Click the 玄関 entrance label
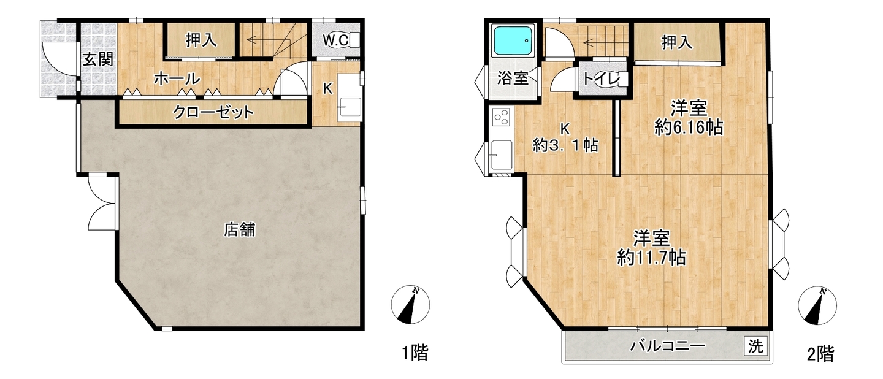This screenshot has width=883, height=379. point(98,59)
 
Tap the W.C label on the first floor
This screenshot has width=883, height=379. point(335,40)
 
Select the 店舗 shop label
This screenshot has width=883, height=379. point(240,229)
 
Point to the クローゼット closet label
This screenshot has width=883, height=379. point(213,112)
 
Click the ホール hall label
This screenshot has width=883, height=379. point(177,79)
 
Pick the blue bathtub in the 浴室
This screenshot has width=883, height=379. point(513,40)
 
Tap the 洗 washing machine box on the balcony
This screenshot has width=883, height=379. point(756,346)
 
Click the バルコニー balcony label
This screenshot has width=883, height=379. point(667,346)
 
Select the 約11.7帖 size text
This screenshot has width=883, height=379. point(651,258)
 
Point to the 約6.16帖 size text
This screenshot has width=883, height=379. point(689,128)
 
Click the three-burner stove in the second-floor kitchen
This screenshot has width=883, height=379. point(502,117)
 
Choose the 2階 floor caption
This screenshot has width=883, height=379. point(820,354)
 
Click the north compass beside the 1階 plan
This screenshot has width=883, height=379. point(410,304)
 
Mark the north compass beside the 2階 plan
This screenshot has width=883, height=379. point(817,305)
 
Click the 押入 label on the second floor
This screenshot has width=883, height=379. point(676,43)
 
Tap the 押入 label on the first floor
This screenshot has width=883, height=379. point(201,40)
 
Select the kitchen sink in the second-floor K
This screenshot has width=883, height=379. point(502,155)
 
